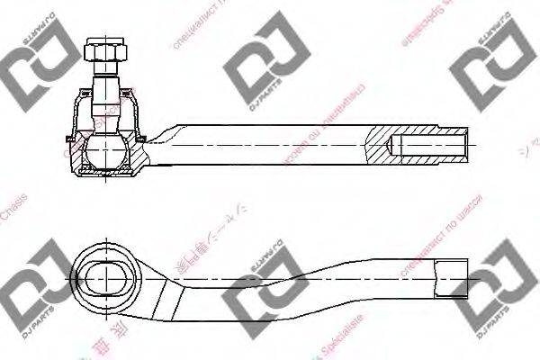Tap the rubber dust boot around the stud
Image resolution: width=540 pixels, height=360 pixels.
point(79,112)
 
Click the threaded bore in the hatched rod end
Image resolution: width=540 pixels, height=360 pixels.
point(430,146)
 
